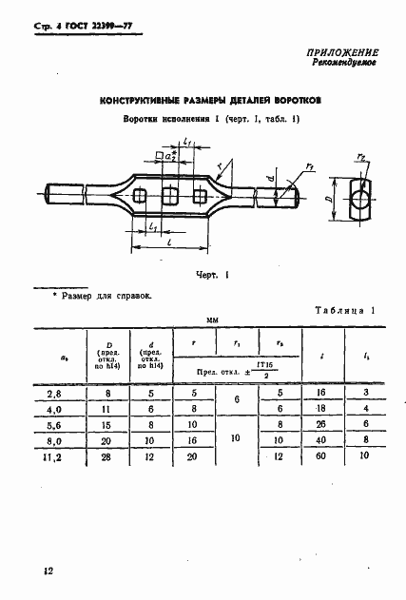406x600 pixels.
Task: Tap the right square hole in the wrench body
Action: [200, 196]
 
